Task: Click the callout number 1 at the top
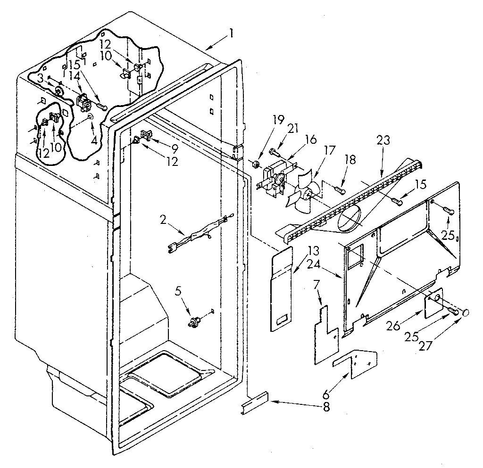(x=231, y=33)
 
